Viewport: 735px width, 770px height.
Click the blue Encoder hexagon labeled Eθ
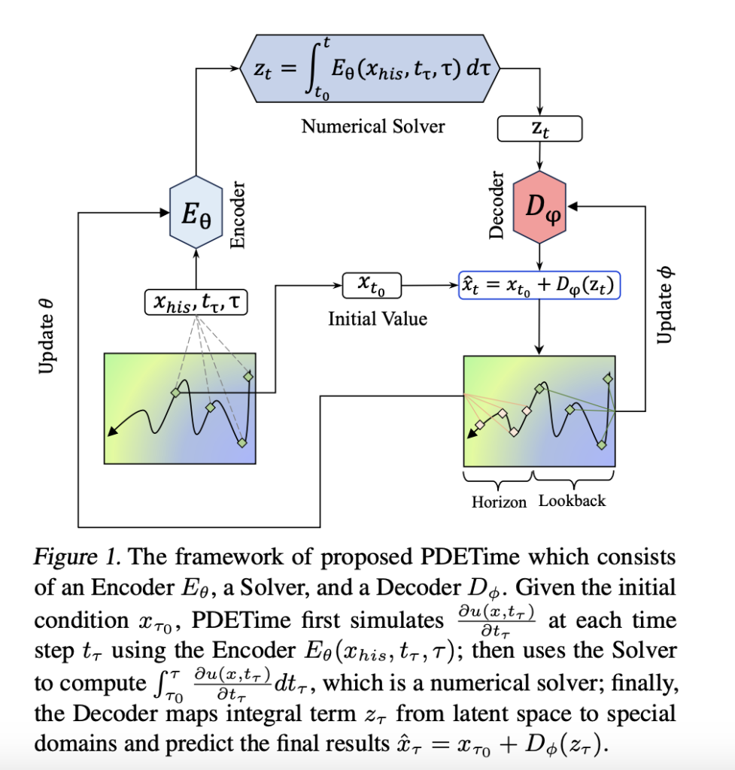[x=196, y=212]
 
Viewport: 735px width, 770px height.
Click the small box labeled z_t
[x=540, y=129]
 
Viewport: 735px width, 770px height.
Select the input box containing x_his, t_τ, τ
[x=196, y=303]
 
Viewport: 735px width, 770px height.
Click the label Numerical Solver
[x=373, y=126]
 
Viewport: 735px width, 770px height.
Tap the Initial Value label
[x=377, y=319]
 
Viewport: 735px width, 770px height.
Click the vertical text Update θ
[x=46, y=335]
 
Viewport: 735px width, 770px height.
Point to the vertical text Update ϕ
[x=664, y=305]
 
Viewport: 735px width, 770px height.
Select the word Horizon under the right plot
[x=499, y=502]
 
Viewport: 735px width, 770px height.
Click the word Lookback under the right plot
[x=572, y=501]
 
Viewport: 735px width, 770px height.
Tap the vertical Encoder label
[x=238, y=214]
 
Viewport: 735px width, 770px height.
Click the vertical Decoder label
[x=497, y=205]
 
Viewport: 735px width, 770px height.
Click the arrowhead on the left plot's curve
[x=111, y=431]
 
